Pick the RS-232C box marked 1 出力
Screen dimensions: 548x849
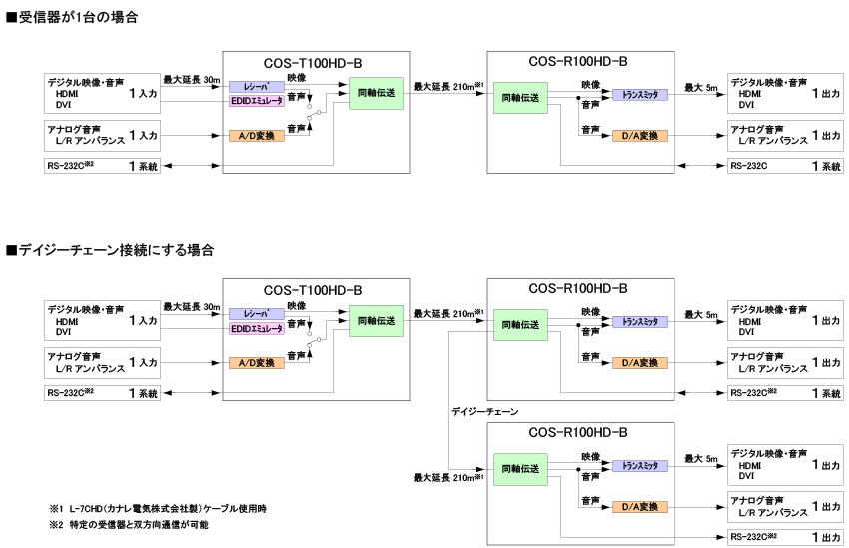[785, 537]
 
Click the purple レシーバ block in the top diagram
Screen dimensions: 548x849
[257, 87]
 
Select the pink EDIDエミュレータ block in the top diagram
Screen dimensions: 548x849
[257, 103]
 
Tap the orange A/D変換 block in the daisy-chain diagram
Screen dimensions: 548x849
[257, 363]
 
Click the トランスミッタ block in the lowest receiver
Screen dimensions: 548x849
[640, 466]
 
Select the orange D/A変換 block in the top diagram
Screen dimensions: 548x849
[640, 136]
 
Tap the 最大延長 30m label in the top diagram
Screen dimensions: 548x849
[192, 77]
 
